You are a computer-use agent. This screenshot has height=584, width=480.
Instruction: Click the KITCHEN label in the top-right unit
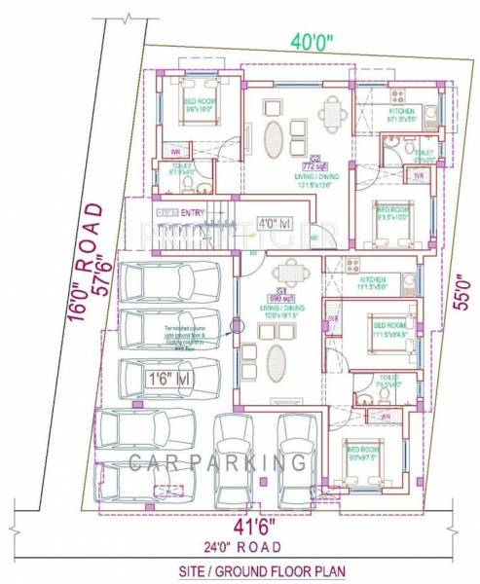[x=401, y=112]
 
